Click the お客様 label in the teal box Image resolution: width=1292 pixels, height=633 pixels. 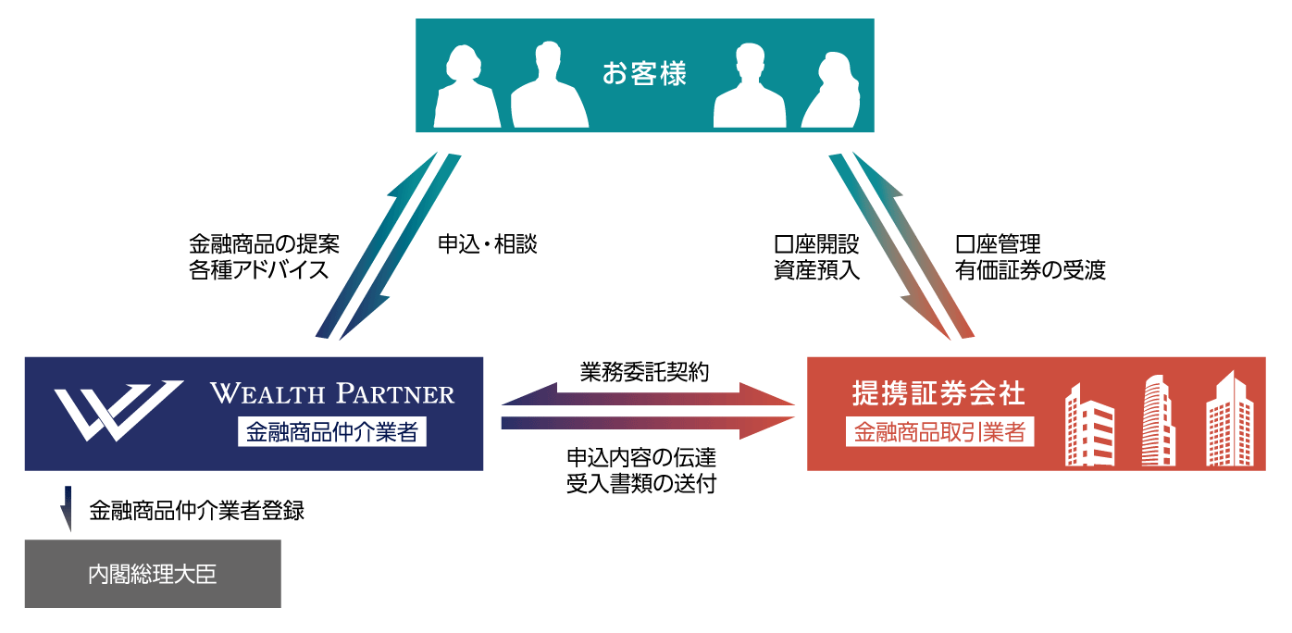[644, 74]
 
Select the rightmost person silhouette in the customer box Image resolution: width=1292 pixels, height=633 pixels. [831, 91]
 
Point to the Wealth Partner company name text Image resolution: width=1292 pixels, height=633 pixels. [332, 393]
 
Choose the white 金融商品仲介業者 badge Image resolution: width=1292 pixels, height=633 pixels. [332, 431]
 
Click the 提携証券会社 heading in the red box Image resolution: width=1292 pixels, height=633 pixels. [938, 393]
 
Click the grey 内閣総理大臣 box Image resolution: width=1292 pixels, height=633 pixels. [153, 574]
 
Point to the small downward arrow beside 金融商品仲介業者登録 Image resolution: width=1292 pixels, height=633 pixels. [68, 510]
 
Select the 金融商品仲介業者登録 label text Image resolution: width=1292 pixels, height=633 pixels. [197, 511]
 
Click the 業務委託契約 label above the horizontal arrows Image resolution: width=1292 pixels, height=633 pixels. [645, 372]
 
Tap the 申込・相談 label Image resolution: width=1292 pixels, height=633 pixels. [487, 245]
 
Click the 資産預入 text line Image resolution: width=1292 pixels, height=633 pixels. [817, 271]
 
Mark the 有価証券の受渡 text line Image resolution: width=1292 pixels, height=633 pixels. [1030, 271]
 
